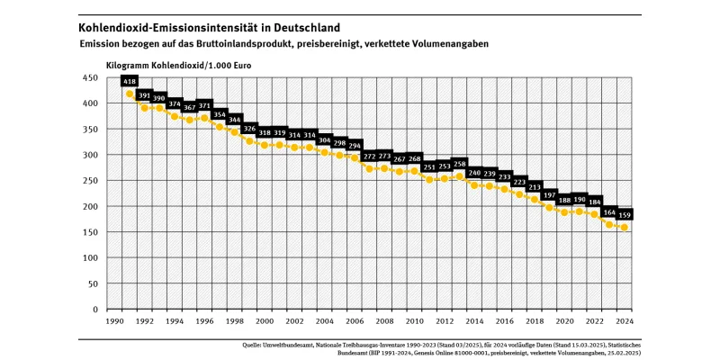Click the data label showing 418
click(130, 81)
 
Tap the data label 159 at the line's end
click(624, 215)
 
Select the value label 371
click(204, 105)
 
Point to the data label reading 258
click(459, 164)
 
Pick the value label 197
click(549, 195)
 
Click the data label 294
click(355, 145)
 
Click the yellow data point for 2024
click(624, 228)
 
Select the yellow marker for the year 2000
click(265, 145)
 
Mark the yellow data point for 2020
click(564, 212)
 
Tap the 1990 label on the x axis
click(114, 320)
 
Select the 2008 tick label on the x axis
click(384, 320)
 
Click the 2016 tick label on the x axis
click(504, 320)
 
